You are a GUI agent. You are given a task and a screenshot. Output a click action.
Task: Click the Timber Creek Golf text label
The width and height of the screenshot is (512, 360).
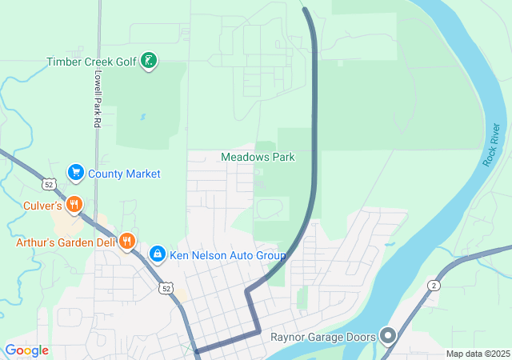92,62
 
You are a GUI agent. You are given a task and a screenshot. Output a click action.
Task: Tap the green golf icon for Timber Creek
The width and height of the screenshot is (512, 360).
148,60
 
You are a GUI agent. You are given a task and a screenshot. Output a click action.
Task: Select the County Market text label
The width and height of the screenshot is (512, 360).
124,174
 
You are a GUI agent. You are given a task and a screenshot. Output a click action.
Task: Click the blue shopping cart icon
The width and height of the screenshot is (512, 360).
76,172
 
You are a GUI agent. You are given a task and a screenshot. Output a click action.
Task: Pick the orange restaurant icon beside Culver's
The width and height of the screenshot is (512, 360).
74,204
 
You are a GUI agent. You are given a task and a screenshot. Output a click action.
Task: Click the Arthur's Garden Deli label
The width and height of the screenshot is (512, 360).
66,242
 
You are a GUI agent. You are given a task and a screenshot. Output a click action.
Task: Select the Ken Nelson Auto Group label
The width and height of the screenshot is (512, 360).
227,256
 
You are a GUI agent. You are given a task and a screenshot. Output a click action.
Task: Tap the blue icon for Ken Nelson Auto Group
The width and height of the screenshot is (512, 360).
158,254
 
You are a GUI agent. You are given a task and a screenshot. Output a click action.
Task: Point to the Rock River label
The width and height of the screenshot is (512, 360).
491,146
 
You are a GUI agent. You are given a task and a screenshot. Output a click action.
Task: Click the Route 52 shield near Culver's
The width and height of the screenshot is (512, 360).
50,185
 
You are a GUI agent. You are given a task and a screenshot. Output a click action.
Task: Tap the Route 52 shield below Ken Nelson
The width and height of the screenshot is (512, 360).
166,287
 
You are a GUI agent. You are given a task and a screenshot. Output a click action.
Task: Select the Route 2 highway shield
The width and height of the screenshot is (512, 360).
434,286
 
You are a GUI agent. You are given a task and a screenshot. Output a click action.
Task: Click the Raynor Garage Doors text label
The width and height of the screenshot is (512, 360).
323,338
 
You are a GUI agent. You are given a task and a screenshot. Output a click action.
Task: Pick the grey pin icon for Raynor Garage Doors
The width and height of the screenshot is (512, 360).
388,335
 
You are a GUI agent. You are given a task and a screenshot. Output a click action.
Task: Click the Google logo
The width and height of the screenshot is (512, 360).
26,350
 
